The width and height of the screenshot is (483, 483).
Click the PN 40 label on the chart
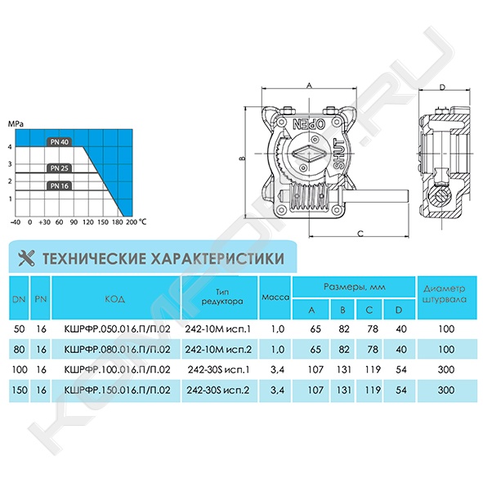tap(60, 142)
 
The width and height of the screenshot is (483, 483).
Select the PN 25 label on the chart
tap(60, 168)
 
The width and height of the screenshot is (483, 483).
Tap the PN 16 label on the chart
tap(60, 186)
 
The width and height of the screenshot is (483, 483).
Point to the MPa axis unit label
tap(16, 124)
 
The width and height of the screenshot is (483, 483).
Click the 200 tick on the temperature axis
tap(132, 221)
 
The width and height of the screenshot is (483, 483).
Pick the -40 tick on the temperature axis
tap(15, 221)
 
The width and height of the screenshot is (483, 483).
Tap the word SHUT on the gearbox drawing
tap(339, 154)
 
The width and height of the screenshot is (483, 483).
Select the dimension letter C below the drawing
tap(360, 234)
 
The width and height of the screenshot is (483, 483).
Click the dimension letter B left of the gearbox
tap(243, 159)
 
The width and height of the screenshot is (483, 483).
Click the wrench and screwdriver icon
tap(26, 257)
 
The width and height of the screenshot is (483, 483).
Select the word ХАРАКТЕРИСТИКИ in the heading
tap(217, 258)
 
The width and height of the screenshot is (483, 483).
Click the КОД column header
tap(115, 299)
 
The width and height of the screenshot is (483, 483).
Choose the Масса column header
tap(275, 297)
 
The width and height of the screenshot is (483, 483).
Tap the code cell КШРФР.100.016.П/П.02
tap(117, 369)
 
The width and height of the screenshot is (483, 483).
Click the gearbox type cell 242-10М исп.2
tap(218, 349)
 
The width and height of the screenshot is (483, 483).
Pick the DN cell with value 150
tap(19, 390)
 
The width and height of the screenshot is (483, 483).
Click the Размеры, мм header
tap(354, 287)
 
